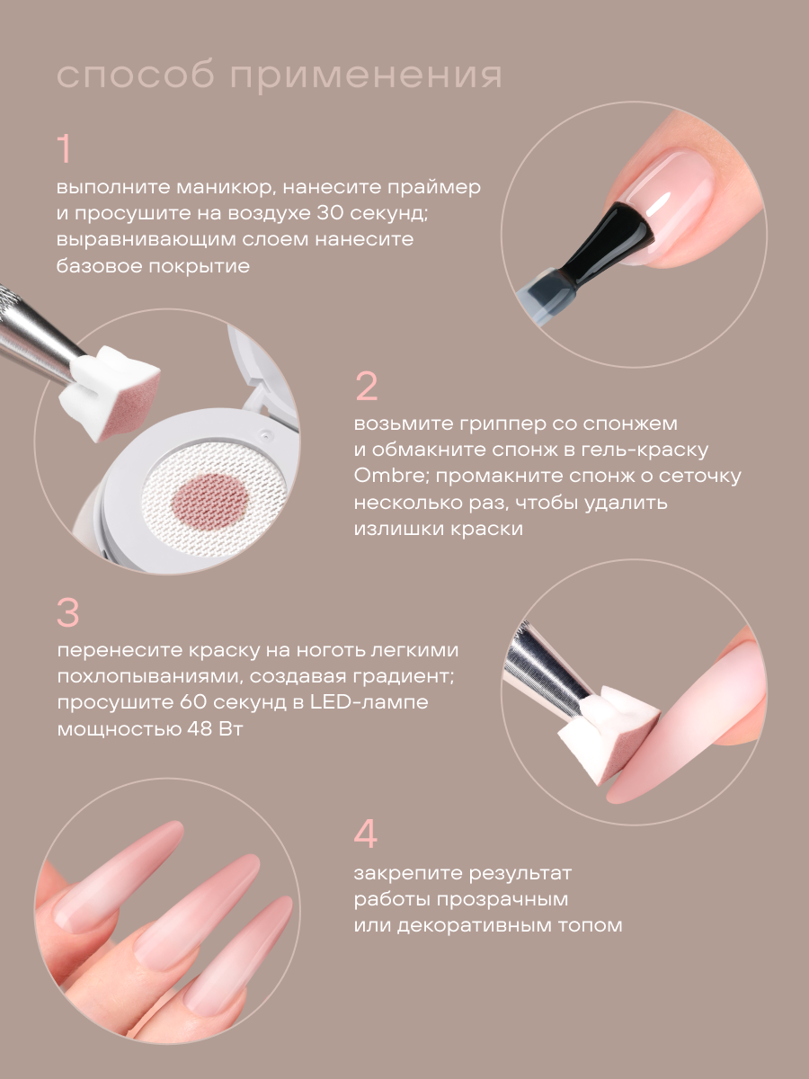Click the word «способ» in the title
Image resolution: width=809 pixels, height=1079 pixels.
tap(136, 76)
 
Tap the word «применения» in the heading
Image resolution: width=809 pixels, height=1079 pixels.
tap(367, 76)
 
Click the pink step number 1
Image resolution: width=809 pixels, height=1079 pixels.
tap(65, 148)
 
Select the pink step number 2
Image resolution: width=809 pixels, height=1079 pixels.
tap(367, 386)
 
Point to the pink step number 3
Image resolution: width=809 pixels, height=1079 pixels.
tap(68, 612)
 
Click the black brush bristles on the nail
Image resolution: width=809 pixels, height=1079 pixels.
tap(617, 243)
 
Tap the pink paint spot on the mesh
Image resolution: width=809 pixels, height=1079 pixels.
tap(209, 502)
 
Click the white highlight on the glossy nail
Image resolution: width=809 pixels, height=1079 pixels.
tap(659, 204)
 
